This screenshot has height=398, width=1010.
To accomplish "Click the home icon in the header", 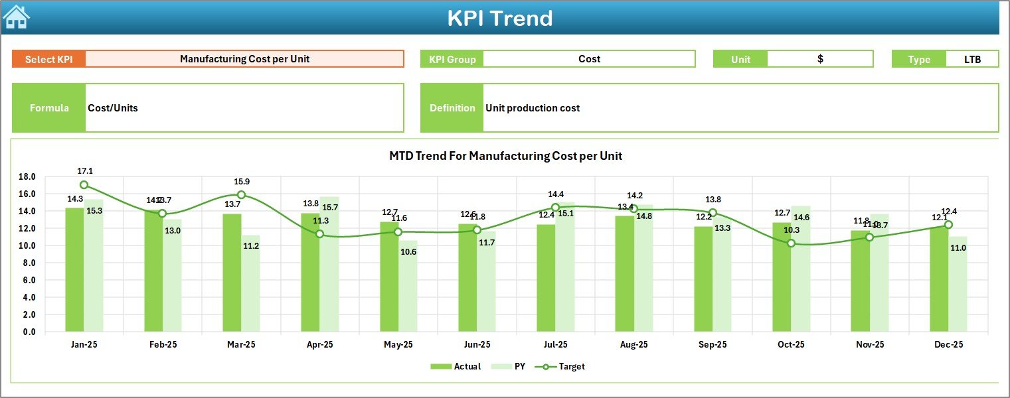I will click(x=16, y=17).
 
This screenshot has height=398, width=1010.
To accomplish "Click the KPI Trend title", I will click(x=499, y=18).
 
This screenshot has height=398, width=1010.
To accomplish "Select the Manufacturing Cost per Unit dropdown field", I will click(x=244, y=59).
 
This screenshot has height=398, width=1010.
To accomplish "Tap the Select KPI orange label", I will click(x=48, y=59).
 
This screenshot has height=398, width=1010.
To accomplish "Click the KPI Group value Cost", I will click(x=589, y=59).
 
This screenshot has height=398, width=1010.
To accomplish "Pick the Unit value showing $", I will click(x=820, y=59).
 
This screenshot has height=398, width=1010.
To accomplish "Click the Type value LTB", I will click(x=972, y=59).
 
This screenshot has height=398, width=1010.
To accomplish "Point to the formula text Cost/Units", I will click(x=113, y=108).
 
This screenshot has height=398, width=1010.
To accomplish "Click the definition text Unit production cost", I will click(x=533, y=108).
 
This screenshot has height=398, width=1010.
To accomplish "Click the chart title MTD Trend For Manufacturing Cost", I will click(x=505, y=156).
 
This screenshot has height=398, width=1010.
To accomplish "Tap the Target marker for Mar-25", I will click(x=241, y=195).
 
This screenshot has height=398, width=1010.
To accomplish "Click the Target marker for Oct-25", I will click(x=791, y=243).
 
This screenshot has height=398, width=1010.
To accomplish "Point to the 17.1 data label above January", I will click(x=85, y=171).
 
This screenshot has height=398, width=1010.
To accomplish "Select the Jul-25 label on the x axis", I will click(x=555, y=345).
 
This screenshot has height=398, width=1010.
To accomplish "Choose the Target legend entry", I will click(x=564, y=366).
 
